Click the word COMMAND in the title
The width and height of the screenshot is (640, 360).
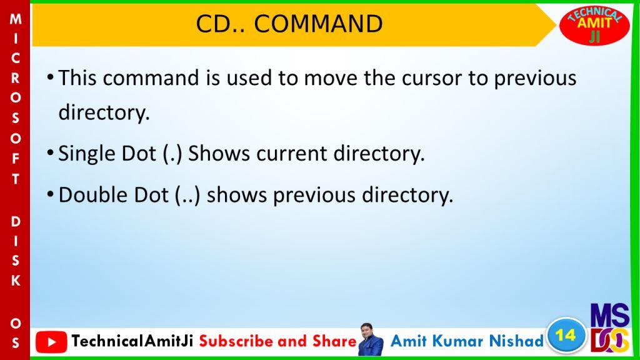click(318, 24)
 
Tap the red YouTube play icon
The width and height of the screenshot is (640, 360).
click(51, 342)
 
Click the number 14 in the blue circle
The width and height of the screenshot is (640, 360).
click(566, 335)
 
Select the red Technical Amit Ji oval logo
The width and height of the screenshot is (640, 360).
click(594, 25)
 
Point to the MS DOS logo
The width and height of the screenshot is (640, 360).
click(610, 327)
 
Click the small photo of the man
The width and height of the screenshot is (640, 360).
click(370, 339)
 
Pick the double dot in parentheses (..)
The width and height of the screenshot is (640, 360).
click(187, 195)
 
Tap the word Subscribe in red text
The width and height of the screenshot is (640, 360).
click(237, 341)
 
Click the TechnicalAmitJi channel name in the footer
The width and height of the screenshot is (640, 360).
click(132, 341)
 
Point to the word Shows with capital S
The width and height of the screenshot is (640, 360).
click(219, 154)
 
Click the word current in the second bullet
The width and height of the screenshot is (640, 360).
click(292, 154)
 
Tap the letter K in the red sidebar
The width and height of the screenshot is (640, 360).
click(16, 281)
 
